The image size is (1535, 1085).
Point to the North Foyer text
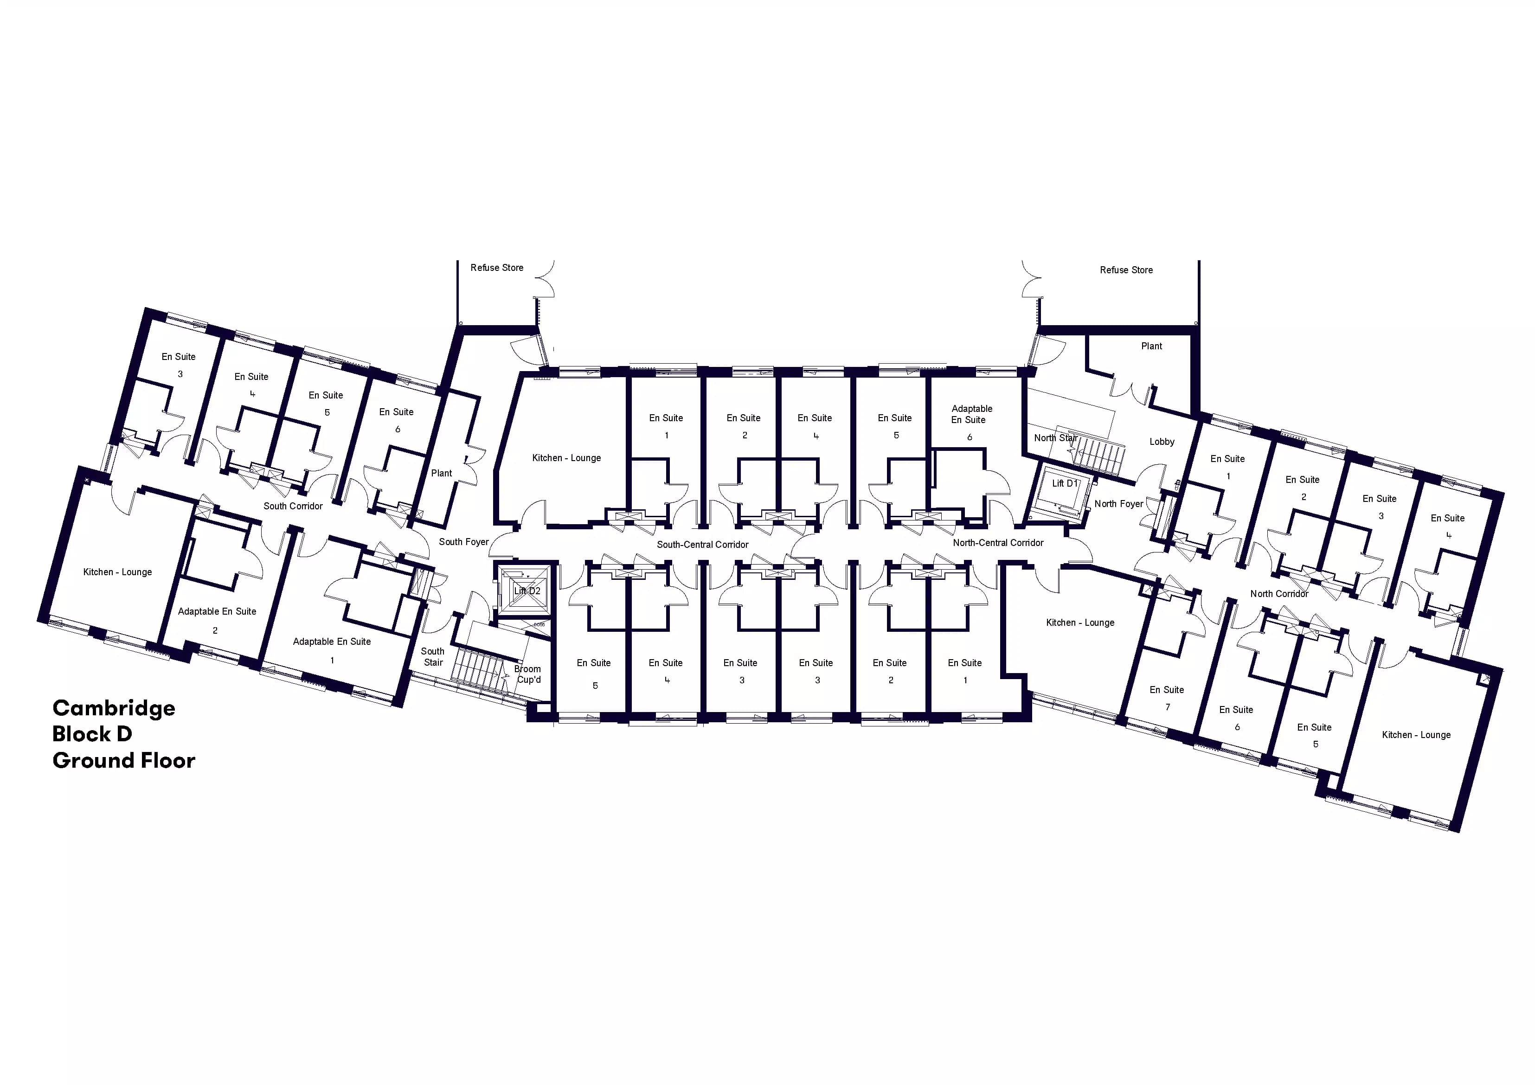point(1118,504)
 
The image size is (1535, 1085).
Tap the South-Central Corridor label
point(703,545)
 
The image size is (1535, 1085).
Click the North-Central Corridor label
point(998,543)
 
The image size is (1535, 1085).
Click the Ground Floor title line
point(124,761)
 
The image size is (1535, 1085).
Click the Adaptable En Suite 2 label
point(217,620)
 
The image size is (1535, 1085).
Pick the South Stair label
point(432,656)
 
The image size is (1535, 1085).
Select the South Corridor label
point(293,506)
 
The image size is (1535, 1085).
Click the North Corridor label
point(1279,594)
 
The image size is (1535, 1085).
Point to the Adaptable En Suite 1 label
point(332,650)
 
